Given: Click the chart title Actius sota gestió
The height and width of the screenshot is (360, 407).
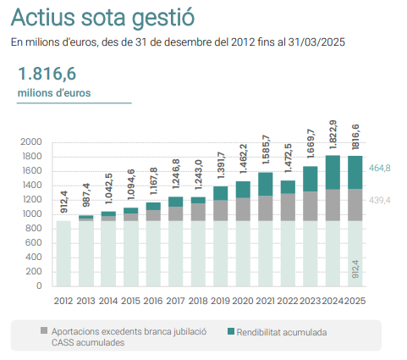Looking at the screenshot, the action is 102,18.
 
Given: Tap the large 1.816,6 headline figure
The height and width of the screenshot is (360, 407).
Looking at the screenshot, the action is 47,74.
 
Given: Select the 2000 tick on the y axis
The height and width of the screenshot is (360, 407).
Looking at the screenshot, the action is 31,141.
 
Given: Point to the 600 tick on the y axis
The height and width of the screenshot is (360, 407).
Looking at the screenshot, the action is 34,243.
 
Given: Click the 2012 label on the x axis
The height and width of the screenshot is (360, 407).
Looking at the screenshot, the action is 63,301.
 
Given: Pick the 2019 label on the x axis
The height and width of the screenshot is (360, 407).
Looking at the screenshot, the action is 220,301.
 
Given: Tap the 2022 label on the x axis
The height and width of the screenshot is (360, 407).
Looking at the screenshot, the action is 288,301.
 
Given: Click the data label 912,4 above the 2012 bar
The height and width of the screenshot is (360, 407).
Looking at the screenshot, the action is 64,202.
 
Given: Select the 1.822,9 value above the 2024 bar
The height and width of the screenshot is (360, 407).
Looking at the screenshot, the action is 333,135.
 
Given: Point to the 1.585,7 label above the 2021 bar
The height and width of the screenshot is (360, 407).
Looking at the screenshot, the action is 266,150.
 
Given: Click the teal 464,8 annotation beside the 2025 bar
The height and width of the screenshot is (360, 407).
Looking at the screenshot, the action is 380,169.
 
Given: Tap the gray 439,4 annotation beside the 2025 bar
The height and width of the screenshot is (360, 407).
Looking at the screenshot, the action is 380,200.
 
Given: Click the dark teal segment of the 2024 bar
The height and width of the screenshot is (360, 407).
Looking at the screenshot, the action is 333,172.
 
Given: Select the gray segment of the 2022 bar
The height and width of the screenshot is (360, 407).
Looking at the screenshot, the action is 288,208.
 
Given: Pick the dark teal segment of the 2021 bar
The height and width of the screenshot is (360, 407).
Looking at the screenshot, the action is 266,184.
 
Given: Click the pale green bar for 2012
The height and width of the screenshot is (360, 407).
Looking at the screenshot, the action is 63,253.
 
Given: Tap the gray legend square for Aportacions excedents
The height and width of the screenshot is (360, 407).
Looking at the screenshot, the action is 44,330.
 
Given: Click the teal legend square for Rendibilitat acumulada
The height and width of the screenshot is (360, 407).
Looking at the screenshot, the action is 231,331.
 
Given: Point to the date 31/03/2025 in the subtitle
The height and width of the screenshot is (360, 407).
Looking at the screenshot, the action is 316,42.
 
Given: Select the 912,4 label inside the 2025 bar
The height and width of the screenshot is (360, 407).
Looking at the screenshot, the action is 355,269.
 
